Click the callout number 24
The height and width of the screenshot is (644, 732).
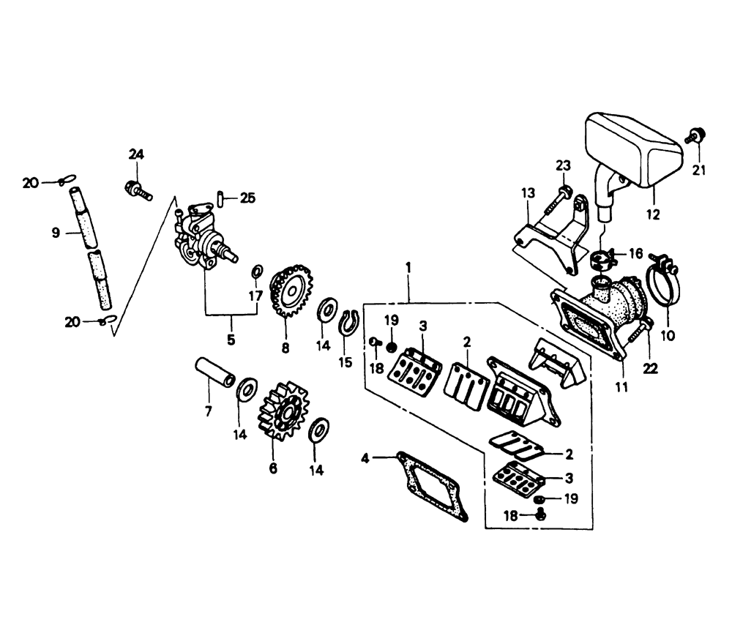pos(137,154)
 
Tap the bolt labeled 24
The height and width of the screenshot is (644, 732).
pos(138,191)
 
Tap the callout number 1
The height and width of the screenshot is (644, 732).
pos(408,268)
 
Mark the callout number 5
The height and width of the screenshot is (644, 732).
pos(231,340)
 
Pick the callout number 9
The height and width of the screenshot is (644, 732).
pos(55,233)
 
